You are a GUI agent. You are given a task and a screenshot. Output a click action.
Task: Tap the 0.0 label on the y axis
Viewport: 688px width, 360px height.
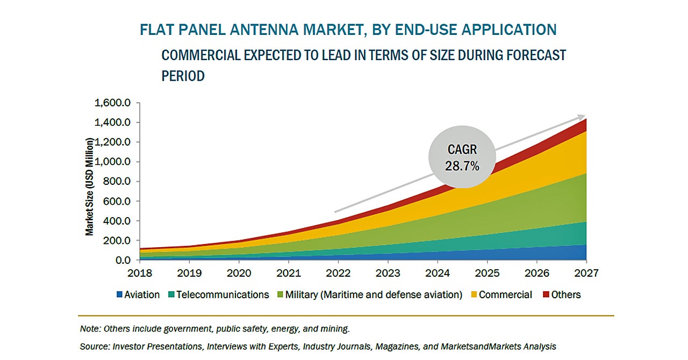[x=123, y=260]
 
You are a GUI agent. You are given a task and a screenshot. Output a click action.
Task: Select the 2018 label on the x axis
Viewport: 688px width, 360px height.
[x=140, y=273]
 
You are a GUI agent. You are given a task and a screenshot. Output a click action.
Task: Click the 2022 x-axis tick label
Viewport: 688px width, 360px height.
[x=338, y=273]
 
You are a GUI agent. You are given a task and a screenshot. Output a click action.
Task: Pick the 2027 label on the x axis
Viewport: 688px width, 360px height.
[x=585, y=273]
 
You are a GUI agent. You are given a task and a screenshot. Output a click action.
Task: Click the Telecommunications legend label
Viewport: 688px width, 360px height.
[x=223, y=294]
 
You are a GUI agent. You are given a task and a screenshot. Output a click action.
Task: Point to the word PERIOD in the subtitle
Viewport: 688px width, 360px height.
[x=183, y=76]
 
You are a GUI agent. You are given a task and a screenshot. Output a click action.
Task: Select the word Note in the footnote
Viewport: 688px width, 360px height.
[x=89, y=328]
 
